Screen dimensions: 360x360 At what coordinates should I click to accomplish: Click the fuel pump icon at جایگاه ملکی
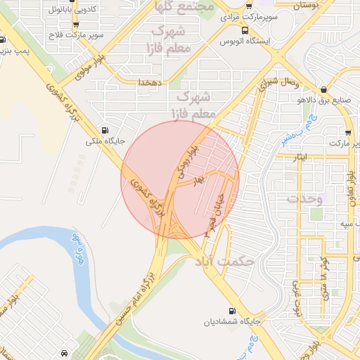[105, 130]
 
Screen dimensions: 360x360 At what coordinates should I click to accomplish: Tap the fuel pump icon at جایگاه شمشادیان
[232, 311]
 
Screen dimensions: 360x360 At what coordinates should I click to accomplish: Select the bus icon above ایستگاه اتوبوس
[244, 30]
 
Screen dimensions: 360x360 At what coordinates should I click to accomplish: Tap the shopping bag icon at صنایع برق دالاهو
[323, 90]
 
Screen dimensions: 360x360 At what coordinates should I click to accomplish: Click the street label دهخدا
[150, 83]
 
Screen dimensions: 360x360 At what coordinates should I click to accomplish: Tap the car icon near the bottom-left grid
[65, 352]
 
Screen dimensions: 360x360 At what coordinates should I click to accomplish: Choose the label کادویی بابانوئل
[74, 11]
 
